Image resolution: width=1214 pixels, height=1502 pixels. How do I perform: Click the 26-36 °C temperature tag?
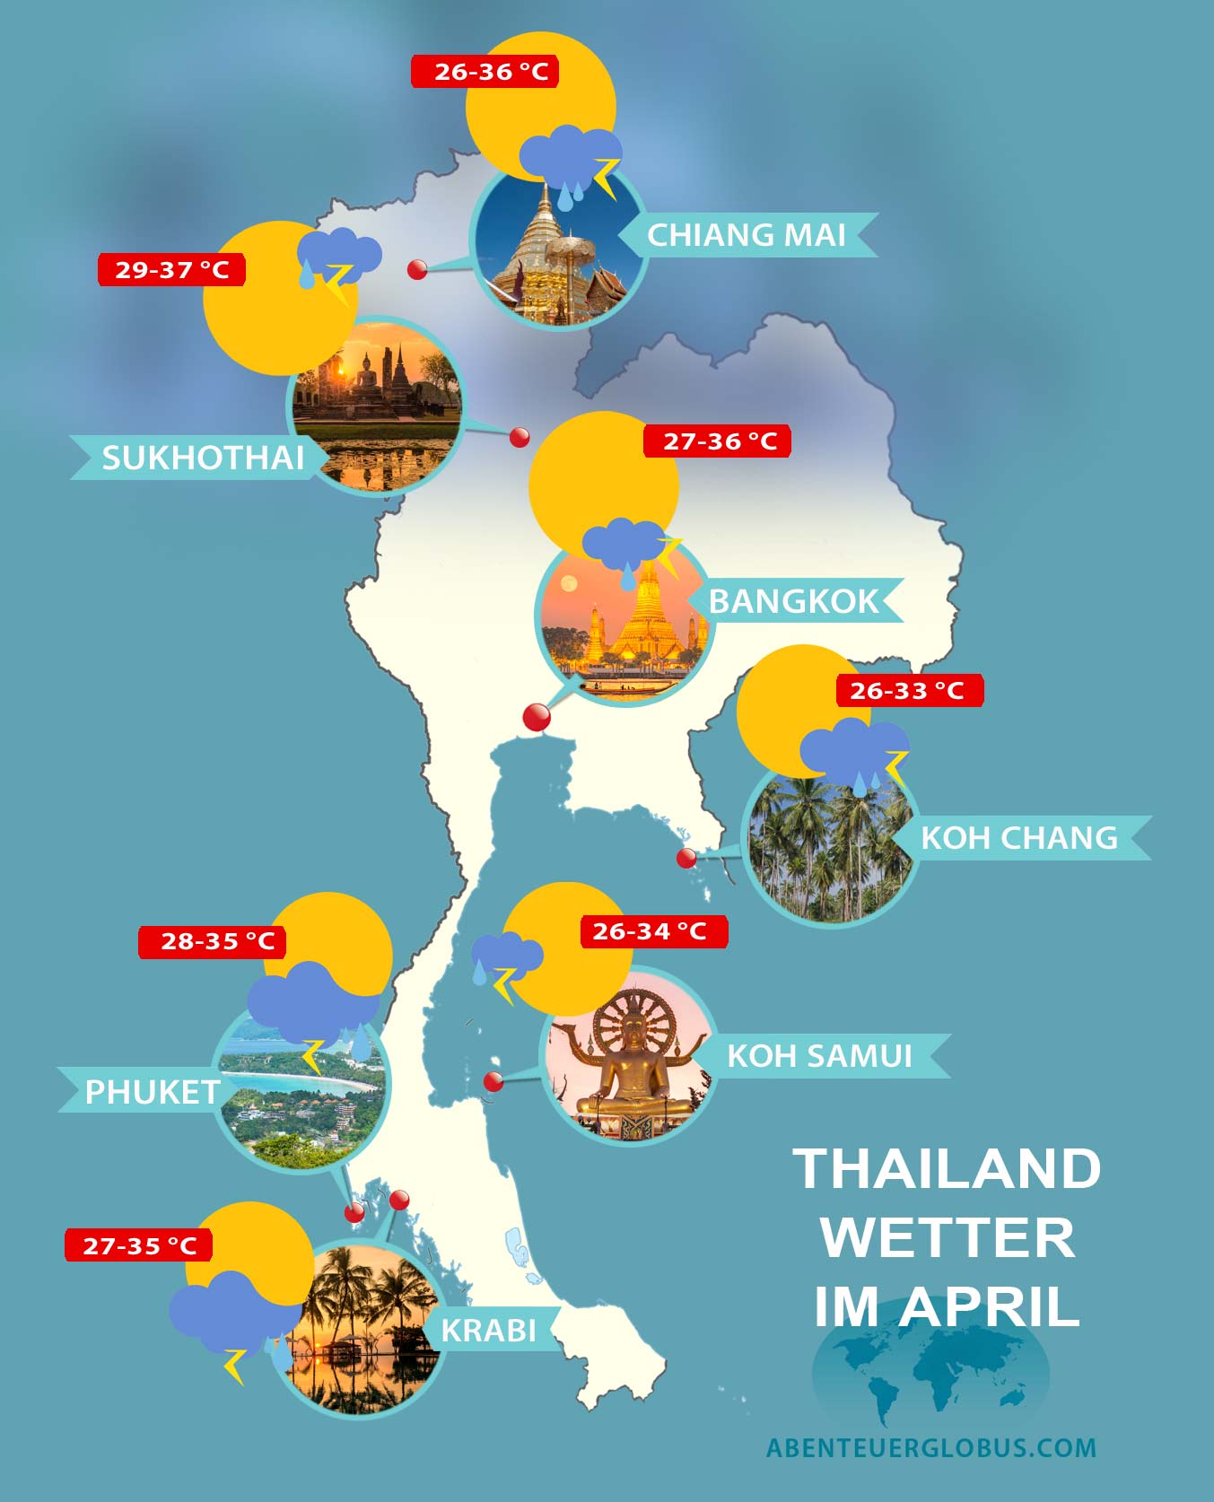click(485, 72)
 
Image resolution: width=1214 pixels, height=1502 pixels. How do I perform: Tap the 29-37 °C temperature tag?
click(171, 270)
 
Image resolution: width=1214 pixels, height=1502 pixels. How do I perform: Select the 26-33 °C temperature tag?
click(909, 691)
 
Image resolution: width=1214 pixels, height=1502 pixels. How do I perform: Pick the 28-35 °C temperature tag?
click(213, 942)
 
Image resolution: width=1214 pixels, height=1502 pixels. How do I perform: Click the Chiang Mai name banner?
click(747, 235)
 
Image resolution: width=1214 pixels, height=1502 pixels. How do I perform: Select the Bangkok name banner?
click(795, 601)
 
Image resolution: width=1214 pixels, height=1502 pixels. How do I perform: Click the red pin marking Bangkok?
click(537, 717)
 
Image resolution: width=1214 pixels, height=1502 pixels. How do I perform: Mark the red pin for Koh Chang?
click(686, 858)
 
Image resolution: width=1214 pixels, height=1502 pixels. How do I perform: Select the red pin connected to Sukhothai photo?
click(520, 437)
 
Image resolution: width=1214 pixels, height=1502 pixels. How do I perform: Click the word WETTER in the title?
click(948, 1238)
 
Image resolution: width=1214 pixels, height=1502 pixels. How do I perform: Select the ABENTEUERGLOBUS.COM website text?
click(931, 1447)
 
